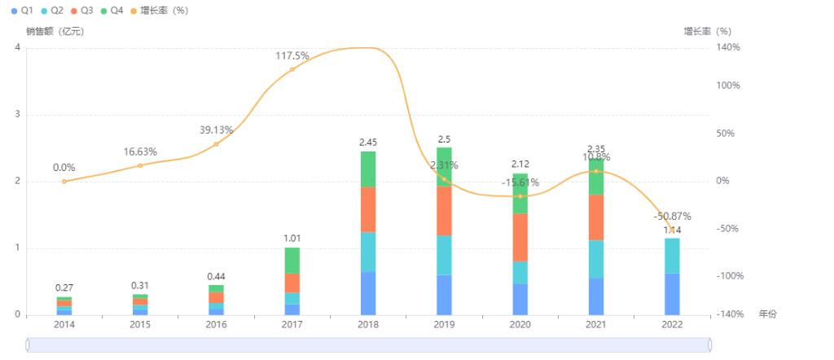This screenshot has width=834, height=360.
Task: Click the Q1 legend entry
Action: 22,10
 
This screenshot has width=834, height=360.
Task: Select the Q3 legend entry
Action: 81,10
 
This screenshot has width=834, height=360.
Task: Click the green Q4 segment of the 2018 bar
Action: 368,169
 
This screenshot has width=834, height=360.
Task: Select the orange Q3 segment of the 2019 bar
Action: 444,210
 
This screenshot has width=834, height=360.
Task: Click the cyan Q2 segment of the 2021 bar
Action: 596,259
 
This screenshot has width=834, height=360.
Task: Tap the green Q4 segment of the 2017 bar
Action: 292,260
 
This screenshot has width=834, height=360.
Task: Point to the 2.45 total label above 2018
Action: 368,143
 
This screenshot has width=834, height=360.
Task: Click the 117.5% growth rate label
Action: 292,55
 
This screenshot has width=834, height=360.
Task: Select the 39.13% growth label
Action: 216,130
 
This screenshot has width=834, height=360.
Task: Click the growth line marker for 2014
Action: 64,181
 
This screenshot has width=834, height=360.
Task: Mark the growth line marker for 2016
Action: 216,144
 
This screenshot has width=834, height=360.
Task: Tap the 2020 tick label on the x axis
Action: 520,324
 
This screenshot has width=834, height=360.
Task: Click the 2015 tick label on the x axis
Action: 140,324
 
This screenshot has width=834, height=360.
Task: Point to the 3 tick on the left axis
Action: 17,114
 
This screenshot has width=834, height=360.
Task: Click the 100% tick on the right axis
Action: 729,86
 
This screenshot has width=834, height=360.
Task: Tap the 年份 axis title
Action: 768,314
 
